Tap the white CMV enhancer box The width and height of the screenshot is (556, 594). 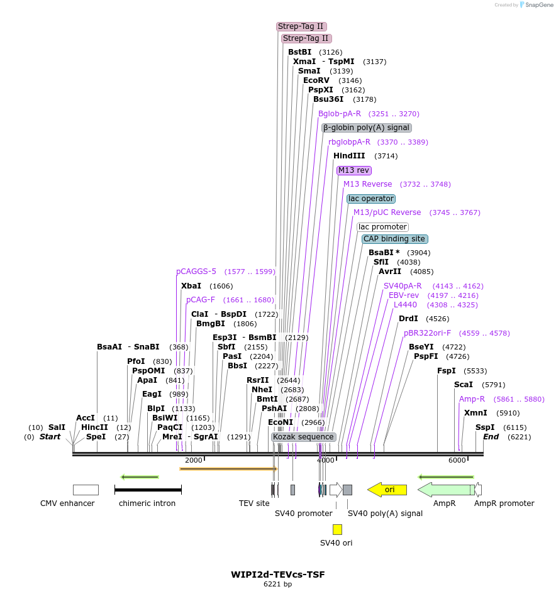click(x=86, y=490)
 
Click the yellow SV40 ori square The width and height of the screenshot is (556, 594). click(x=338, y=529)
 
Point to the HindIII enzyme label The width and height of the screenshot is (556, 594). click(x=349, y=156)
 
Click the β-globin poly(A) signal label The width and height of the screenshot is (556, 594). click(x=367, y=128)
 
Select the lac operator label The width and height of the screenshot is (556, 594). click(x=371, y=199)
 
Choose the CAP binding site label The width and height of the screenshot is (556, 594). click(x=395, y=239)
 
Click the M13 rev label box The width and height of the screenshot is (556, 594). click(x=354, y=170)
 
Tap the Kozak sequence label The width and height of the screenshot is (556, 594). click(x=303, y=437)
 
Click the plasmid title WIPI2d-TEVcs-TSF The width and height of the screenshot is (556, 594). click(x=278, y=575)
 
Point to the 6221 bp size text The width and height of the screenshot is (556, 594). click(x=277, y=585)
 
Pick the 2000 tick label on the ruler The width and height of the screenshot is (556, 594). click(x=194, y=460)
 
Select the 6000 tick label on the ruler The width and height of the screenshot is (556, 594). click(x=457, y=460)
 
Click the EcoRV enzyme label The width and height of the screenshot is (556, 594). click(x=316, y=80)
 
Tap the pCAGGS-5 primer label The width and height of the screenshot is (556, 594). click(x=196, y=272)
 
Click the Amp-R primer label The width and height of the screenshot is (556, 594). click(x=472, y=399)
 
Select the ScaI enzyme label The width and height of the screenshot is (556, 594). click(x=464, y=385)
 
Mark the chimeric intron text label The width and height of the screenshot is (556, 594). click(x=147, y=503)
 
